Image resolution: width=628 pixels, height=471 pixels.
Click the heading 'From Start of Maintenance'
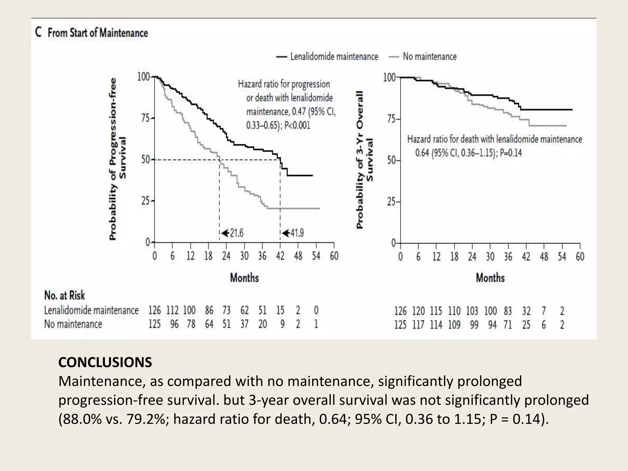pos(98,33)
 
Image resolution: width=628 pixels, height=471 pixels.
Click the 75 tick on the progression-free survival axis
pos(146,118)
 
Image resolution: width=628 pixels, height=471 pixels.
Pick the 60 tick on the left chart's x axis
pos(334,256)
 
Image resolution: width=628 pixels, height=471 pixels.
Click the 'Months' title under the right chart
pos(490,278)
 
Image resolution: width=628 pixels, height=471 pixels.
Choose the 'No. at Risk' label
pos(64,295)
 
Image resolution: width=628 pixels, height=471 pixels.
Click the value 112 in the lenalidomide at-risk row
pos(172,310)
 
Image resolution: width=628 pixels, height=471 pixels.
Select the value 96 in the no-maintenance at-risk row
pos(174,324)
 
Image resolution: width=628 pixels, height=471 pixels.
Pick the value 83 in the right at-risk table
pos(508,311)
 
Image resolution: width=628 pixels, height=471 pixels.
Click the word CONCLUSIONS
pos(105,362)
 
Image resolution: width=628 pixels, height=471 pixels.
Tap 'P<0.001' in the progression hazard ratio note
pos(297,125)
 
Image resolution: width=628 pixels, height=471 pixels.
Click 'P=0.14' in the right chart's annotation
pos(511,153)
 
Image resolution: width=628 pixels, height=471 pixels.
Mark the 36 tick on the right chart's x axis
pos(508,257)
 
